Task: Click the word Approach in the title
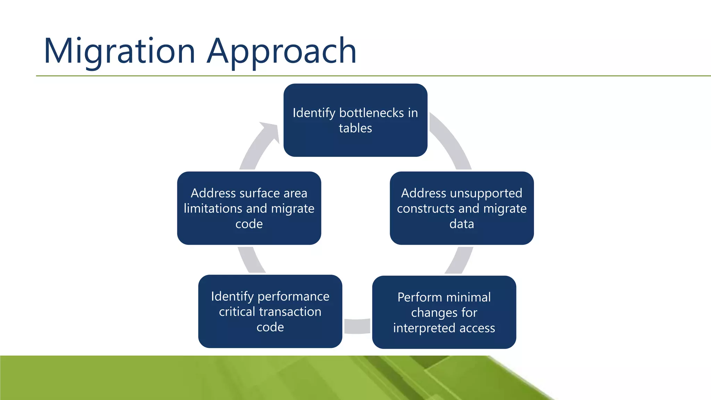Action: pos(282,51)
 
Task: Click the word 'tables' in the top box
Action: pos(355,128)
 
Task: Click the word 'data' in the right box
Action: pos(461,224)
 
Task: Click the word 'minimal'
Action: pos(468,297)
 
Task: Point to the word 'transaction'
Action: pos(287,312)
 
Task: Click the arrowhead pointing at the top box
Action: pos(271,130)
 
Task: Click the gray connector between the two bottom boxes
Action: pos(357,326)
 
